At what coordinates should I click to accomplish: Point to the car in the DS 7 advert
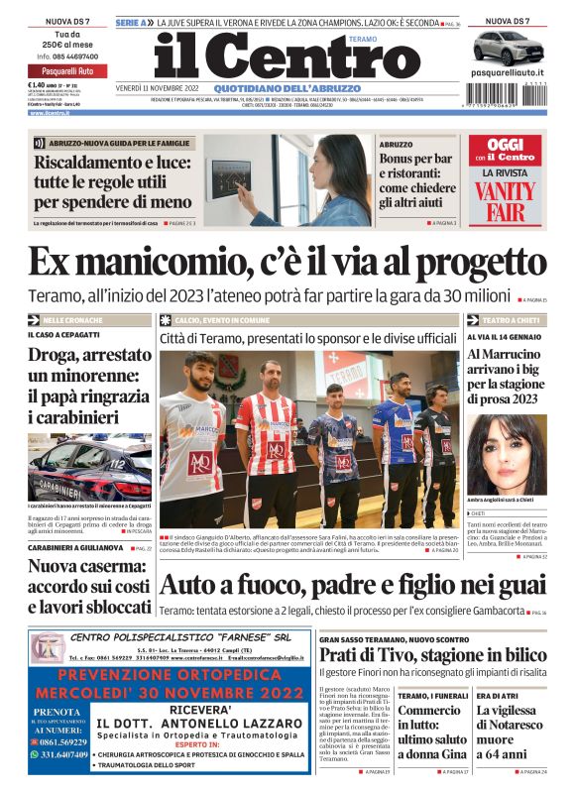click(508, 49)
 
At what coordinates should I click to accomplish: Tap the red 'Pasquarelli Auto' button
click(68, 71)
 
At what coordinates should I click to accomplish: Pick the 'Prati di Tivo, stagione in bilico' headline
click(431, 655)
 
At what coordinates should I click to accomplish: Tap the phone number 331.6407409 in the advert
click(71, 753)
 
